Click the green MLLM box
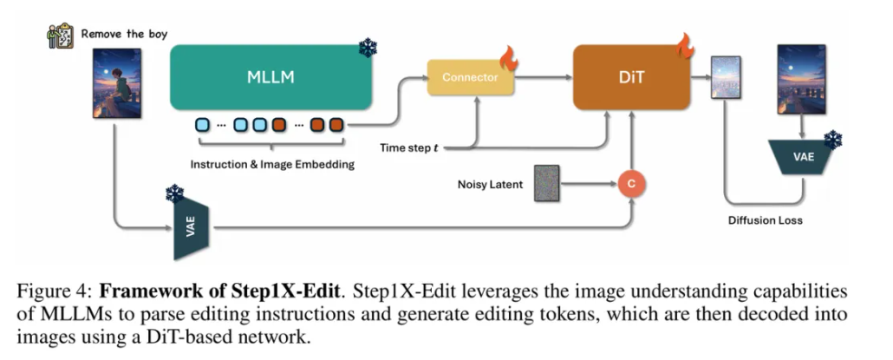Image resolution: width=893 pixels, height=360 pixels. click(x=271, y=77)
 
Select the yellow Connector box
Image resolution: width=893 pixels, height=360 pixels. click(x=470, y=77)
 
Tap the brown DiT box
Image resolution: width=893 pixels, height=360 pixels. click(x=630, y=77)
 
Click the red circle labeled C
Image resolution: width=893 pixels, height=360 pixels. click(x=632, y=183)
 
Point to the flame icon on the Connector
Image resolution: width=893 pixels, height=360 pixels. click(x=509, y=62)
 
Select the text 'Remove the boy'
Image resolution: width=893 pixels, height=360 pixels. click(x=124, y=35)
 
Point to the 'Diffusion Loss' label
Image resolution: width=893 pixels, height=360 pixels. click(x=766, y=220)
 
